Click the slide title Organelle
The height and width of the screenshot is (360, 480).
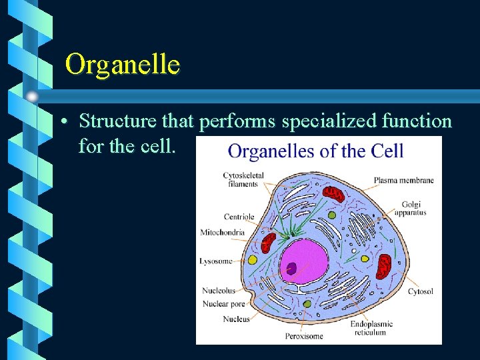tap(123, 65)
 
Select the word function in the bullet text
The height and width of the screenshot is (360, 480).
tap(413, 121)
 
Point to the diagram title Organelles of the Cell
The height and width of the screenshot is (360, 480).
tap(315, 151)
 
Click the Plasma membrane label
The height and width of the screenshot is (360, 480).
tap(403, 180)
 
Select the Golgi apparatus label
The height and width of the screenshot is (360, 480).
tap(410, 208)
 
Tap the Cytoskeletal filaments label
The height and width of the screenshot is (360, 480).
tap(243, 179)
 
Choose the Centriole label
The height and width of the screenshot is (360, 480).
tap(239, 217)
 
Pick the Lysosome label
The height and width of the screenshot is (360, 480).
tap(215, 261)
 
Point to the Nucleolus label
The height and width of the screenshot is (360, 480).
tap(218, 291)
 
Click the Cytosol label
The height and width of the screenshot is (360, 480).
tap(420, 291)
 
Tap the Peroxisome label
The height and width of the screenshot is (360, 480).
tap(304, 335)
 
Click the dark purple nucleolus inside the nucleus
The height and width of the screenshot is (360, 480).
tap(291, 268)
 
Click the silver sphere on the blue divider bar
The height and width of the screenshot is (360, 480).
tap(32, 97)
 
